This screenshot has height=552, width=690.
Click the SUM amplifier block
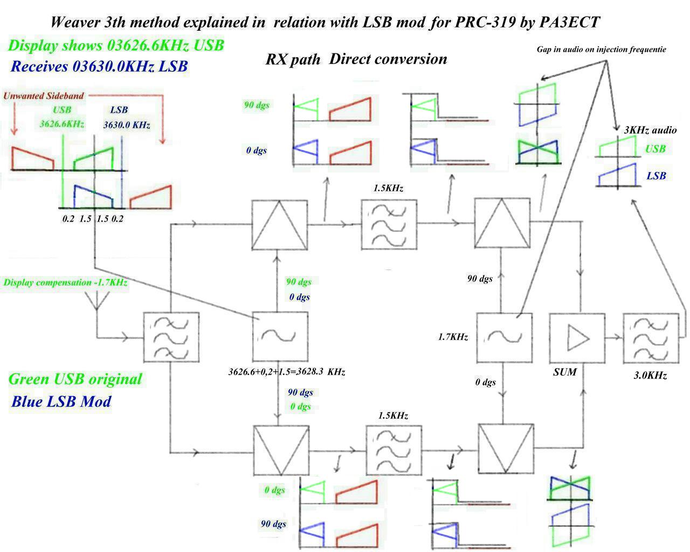click(x=577, y=338)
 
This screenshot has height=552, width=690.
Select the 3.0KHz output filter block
click(x=650, y=338)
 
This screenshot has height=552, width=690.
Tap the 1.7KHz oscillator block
click(x=504, y=337)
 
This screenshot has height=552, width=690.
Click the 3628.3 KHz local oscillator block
click(x=280, y=336)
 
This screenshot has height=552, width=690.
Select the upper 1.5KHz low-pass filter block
click(x=389, y=224)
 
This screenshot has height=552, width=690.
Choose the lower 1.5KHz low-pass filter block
click(x=394, y=450)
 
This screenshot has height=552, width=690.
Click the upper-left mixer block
click(x=280, y=224)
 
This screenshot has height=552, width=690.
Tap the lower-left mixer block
click(x=281, y=450)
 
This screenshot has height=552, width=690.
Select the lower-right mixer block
click(x=506, y=450)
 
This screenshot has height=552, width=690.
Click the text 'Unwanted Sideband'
click(x=44, y=96)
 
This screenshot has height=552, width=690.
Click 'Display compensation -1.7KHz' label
click(x=65, y=282)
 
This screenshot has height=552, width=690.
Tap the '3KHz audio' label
click(x=650, y=130)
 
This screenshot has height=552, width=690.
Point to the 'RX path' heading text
click(x=293, y=59)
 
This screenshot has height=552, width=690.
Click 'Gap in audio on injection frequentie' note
click(x=601, y=50)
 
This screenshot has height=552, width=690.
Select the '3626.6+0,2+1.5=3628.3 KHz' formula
click(x=287, y=372)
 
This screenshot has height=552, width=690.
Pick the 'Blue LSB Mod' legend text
click(x=61, y=402)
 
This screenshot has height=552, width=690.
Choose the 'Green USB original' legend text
click(x=75, y=379)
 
